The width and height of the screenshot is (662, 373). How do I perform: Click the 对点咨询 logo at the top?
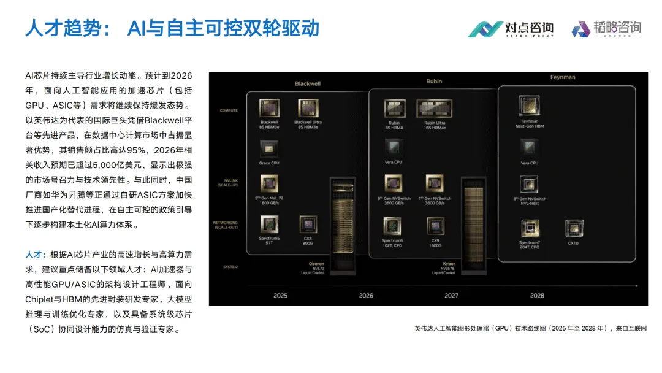511,29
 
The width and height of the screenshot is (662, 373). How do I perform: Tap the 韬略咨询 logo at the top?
606,29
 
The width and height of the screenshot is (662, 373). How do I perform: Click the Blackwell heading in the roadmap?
308,83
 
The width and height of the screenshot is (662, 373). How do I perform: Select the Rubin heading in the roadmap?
434,81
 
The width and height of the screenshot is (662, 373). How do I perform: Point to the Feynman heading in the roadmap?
562,77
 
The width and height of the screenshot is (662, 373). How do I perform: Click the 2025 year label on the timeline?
280,296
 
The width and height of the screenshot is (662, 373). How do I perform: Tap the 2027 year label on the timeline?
451,296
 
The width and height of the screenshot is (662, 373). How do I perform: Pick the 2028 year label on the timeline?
537,296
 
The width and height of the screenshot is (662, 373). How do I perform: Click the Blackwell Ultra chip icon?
308,108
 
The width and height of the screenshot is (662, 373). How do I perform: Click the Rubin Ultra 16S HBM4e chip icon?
434,108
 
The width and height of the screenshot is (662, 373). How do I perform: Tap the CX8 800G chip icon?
308,225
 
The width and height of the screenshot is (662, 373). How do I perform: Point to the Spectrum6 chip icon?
392,226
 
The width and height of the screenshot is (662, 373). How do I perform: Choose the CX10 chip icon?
574,228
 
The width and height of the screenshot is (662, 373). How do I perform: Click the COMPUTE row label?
229,110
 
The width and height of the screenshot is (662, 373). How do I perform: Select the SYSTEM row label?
230,267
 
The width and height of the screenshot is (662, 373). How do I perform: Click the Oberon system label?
316,264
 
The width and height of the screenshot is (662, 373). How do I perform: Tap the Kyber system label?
448,264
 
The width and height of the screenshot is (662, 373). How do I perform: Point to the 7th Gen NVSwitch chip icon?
435,184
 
